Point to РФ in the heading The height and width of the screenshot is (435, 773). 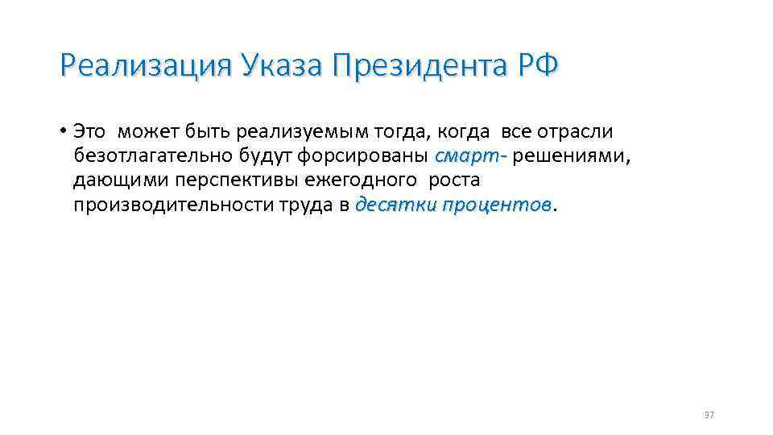[533, 64]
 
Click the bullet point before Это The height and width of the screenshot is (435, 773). [63, 131]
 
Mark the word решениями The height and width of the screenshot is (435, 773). [571, 155]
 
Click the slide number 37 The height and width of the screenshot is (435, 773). [709, 415]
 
